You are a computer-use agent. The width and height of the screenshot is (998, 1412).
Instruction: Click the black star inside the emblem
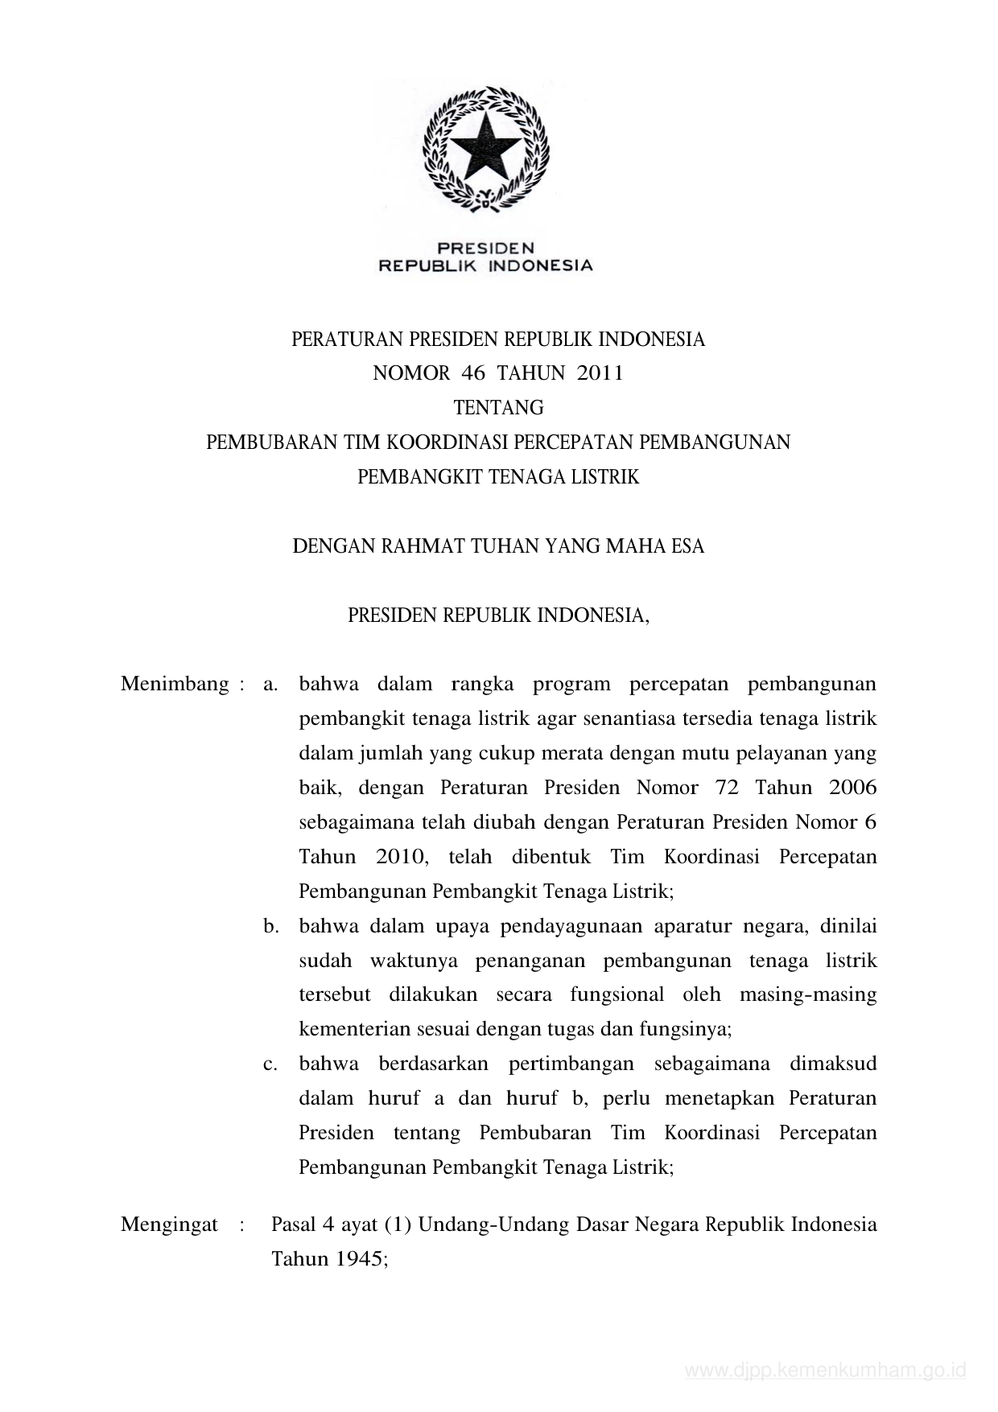(485, 147)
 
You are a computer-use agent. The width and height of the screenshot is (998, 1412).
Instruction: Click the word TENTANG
(498, 408)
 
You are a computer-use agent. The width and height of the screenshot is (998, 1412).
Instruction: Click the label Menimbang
(175, 685)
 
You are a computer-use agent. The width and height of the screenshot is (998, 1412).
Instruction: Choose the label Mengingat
(169, 1225)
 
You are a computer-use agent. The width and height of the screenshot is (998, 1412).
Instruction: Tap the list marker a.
(270, 685)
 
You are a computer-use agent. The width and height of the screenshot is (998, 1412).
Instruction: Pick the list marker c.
(270, 1064)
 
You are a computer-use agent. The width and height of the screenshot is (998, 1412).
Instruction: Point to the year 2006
(852, 788)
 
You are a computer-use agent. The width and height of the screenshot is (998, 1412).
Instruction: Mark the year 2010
(400, 857)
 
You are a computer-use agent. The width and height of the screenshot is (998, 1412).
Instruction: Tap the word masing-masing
(807, 994)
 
